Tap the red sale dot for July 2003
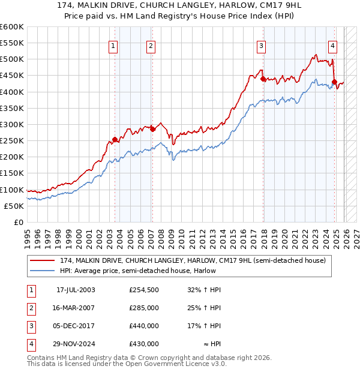115,139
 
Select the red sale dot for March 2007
152,129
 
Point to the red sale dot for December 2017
263,79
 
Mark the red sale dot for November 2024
334,82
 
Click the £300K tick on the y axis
11,124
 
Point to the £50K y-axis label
14,206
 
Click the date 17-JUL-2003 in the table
76,289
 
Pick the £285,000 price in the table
144,308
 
